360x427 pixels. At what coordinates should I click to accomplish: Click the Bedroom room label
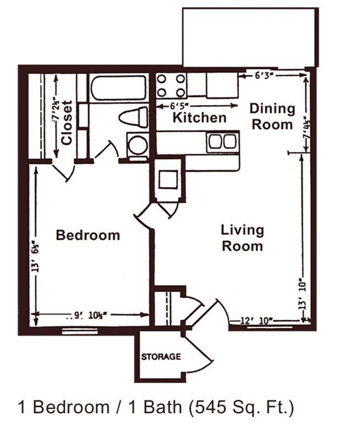88,235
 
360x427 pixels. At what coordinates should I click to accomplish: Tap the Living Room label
242,237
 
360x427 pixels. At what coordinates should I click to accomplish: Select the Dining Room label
272,116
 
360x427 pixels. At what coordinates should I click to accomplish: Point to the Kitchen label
199,117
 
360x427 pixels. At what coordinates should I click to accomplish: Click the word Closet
67,122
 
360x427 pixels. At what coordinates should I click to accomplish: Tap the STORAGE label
161,357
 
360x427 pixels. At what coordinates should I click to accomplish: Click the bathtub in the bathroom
119,87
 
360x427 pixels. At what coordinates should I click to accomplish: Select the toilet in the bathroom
133,117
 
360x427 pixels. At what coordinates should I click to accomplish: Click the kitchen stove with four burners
171,85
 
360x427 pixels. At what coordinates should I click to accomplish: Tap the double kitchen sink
222,142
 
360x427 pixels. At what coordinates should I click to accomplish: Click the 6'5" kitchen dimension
176,105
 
